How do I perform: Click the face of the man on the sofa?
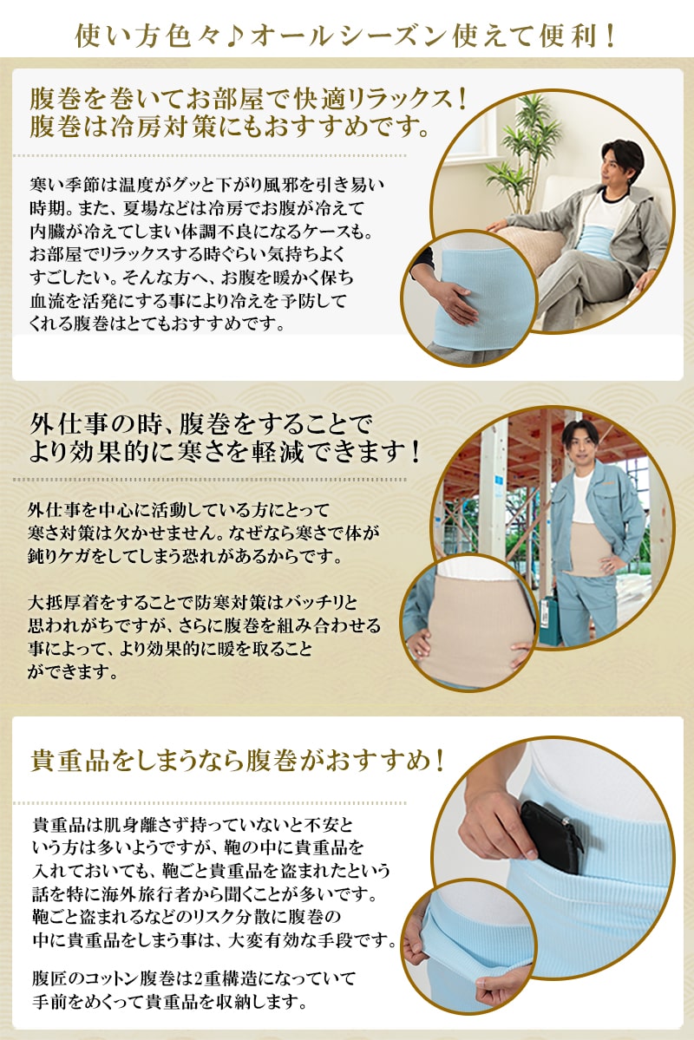click(x=622, y=164)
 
